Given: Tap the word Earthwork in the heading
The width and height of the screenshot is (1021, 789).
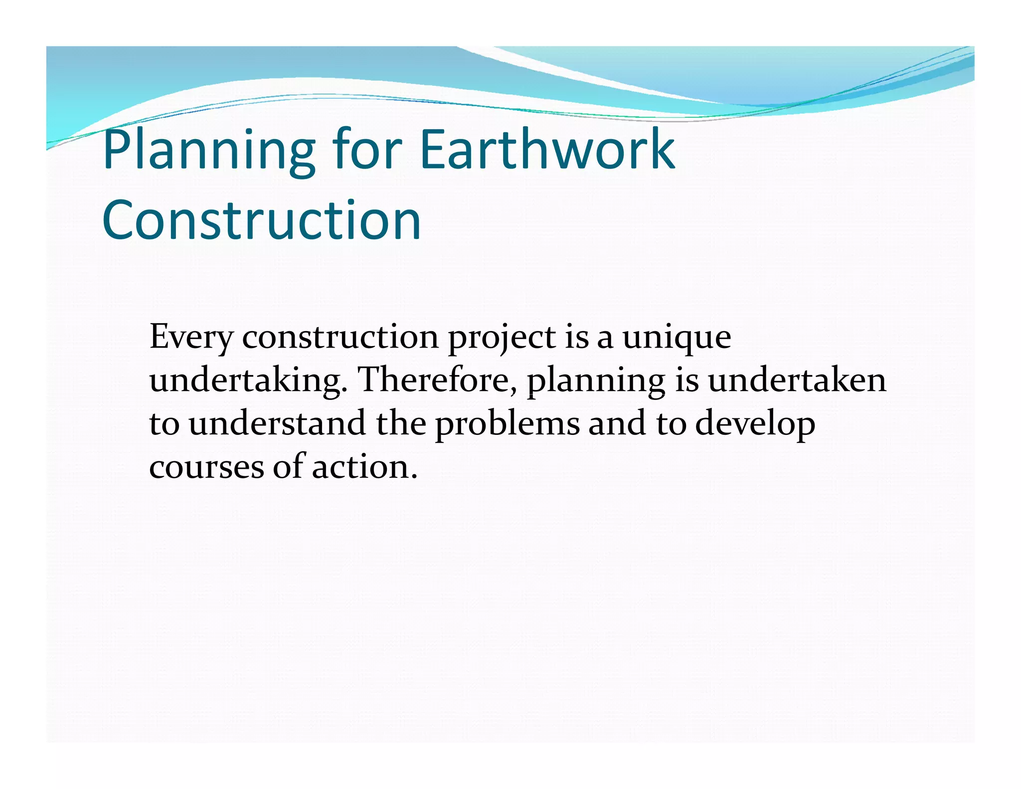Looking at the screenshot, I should (x=547, y=149).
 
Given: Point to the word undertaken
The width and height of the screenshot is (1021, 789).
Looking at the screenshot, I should (x=797, y=380).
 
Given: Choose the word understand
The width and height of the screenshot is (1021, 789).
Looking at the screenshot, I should (x=277, y=423).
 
